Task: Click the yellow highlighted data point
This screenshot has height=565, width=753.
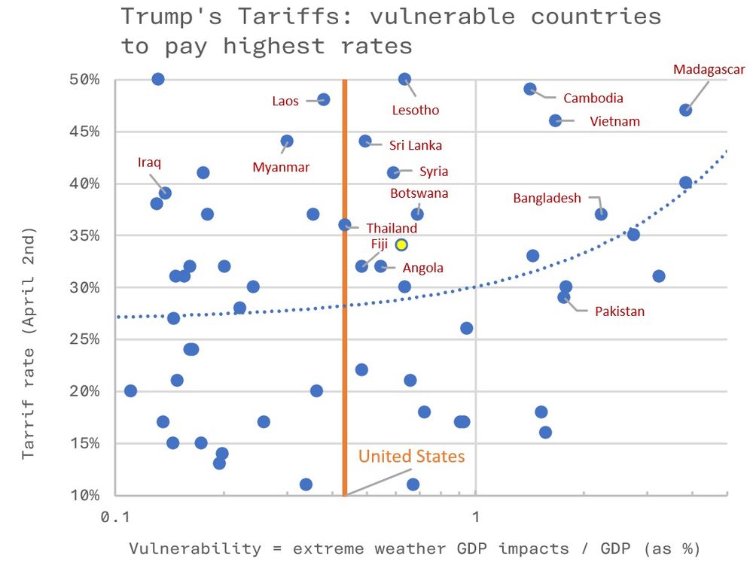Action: (x=402, y=245)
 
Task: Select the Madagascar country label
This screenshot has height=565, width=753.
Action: (x=709, y=69)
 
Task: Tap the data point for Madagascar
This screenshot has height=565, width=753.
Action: (x=685, y=110)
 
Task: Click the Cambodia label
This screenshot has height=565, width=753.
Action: (x=593, y=98)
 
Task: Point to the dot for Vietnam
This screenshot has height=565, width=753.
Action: (x=556, y=120)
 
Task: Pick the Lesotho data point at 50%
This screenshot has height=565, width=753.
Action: (x=404, y=79)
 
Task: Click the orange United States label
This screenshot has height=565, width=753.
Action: (x=411, y=456)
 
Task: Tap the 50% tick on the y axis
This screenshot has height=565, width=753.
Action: (x=84, y=80)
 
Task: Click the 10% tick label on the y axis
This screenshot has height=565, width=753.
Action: (x=84, y=495)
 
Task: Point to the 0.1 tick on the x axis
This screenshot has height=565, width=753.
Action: (x=114, y=518)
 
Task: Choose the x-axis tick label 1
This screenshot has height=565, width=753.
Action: (x=475, y=518)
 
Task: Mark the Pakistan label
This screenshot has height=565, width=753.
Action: (x=619, y=311)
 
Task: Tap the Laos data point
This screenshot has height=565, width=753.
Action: (x=324, y=99)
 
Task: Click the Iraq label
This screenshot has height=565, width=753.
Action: (x=149, y=162)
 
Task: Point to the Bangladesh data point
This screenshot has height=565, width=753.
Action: (x=601, y=214)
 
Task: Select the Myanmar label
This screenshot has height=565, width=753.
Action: (x=281, y=167)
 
